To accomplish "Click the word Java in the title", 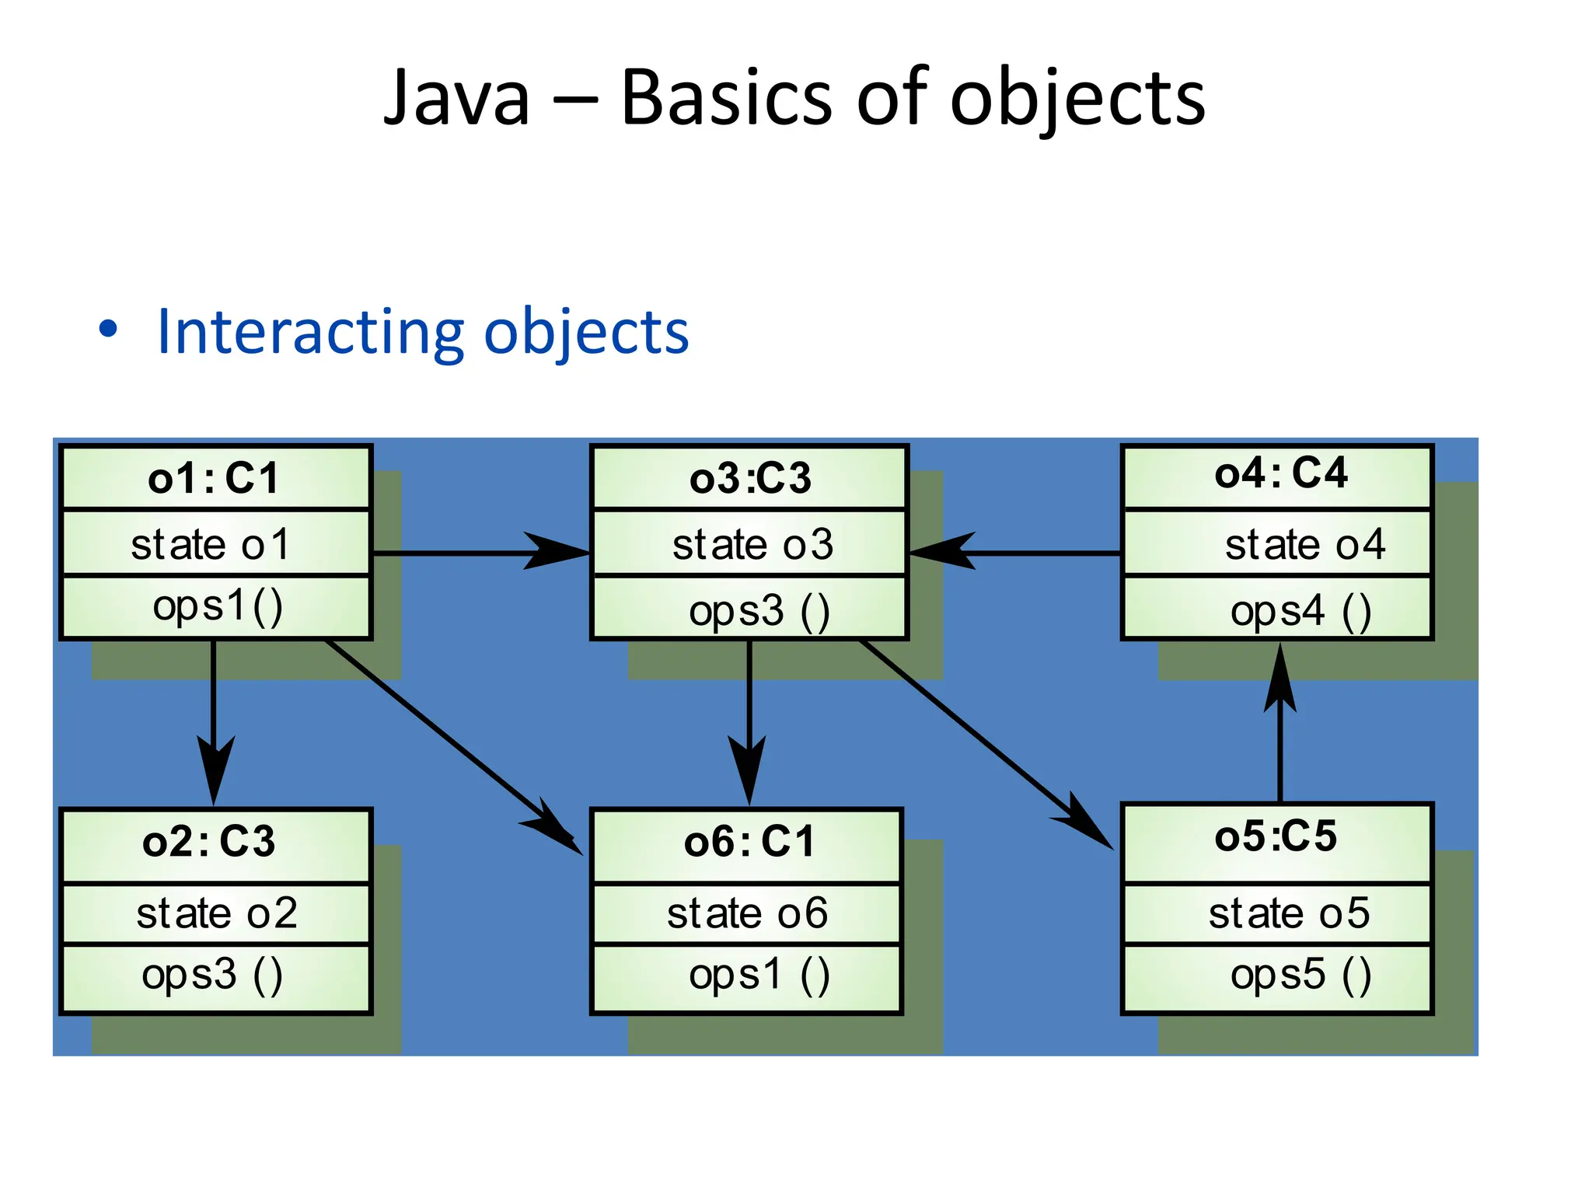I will click(456, 99).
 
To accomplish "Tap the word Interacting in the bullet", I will click(309, 332).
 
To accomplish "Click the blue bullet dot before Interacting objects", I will click(108, 329).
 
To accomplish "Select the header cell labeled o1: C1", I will click(215, 478).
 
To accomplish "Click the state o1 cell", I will click(215, 543).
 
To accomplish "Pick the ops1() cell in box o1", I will click(215, 607).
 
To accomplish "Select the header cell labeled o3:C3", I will click(749, 478).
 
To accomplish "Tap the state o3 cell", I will click(749, 543).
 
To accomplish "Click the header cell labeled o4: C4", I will click(1277, 475).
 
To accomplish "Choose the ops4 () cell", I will click(1277, 610).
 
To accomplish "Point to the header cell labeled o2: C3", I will click(215, 843).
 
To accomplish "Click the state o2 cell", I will click(215, 913).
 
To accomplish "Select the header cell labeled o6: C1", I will click(747, 843).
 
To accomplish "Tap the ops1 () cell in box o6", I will click(747, 976).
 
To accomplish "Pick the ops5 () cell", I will click(1277, 976).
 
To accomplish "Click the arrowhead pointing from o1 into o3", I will click(557, 552).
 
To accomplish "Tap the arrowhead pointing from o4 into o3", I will click(943, 552).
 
